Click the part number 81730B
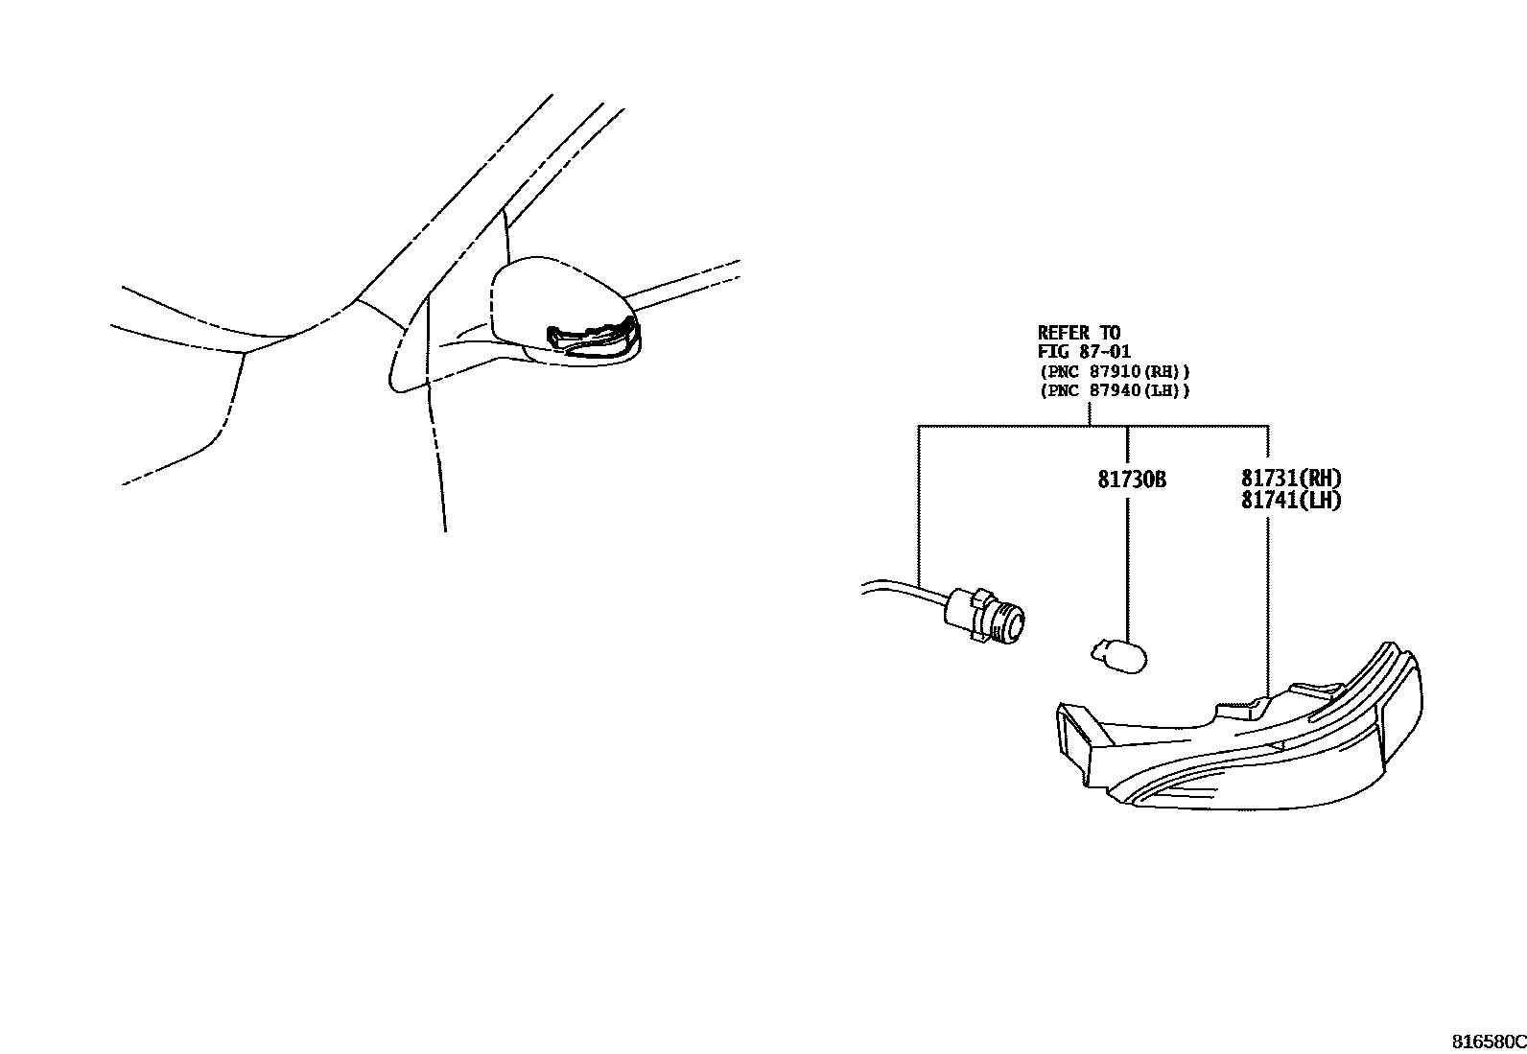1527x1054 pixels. pyautogui.click(x=1132, y=480)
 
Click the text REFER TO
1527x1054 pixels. pyautogui.click(x=1078, y=334)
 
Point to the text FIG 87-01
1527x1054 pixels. pyautogui.click(x=1084, y=352)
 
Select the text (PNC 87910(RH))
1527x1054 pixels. pyautogui.click(x=1114, y=371)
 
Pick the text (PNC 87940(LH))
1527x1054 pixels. pyautogui.click(x=1114, y=390)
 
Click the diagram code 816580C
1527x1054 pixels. pyautogui.click(x=1488, y=1042)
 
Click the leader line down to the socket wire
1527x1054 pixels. pyautogui.click(x=919, y=508)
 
